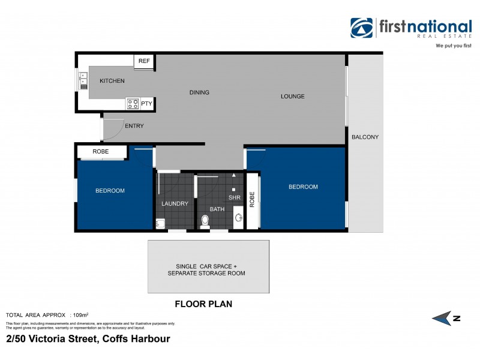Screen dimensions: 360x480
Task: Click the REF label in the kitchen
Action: click(144, 61)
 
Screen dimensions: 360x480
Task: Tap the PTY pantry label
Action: click(147, 104)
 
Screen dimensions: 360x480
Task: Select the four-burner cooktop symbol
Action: click(133, 104)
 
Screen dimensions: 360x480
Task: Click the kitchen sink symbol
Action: click(83, 80)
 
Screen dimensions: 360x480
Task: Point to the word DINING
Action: click(199, 92)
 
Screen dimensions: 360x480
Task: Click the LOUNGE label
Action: click(292, 96)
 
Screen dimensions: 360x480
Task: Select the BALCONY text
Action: click(365, 137)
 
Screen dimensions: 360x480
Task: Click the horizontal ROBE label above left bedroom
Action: click(101, 152)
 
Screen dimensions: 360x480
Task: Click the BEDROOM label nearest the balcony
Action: click(303, 187)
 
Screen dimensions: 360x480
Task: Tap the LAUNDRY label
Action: click(175, 203)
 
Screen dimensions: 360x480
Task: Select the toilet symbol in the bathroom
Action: click(205, 221)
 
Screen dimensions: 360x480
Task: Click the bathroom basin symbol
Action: click(238, 217)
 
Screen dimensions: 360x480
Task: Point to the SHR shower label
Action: click(233, 197)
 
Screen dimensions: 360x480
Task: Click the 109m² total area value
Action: click(80, 315)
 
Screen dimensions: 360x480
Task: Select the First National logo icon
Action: click(362, 29)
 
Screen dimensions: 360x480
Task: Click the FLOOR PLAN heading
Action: click(203, 304)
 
